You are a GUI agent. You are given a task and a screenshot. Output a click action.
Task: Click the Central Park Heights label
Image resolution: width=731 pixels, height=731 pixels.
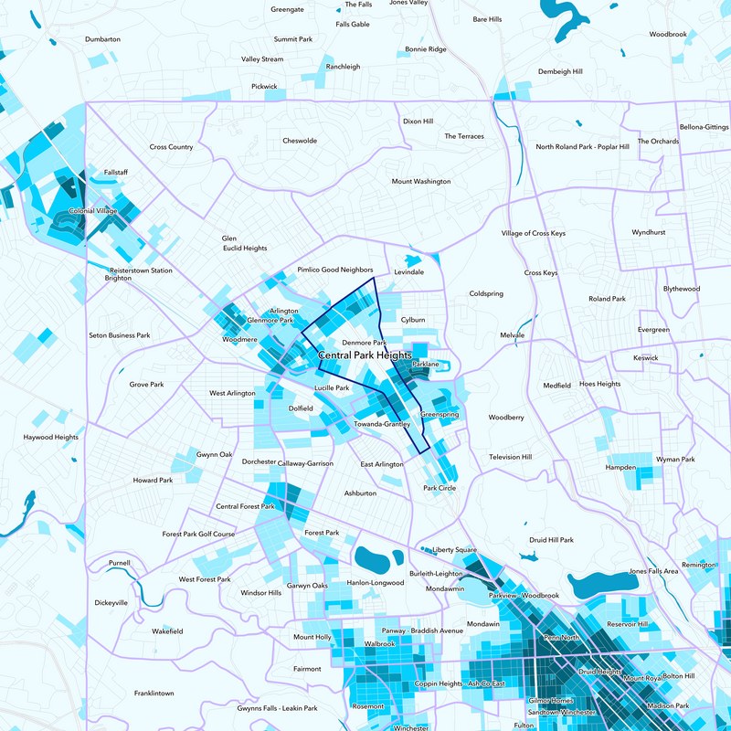coord(365,355)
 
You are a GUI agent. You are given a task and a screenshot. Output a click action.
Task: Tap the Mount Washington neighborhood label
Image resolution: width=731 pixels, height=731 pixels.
coord(421,181)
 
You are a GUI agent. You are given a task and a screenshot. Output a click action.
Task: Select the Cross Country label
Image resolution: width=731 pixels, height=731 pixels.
coord(171,147)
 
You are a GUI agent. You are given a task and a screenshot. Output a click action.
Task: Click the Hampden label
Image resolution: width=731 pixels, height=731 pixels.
coord(620,467)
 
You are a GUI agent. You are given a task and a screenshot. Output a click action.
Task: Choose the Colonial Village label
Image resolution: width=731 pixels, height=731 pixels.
coord(94,211)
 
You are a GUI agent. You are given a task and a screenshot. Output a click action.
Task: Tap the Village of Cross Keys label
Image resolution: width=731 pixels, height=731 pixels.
coord(533,233)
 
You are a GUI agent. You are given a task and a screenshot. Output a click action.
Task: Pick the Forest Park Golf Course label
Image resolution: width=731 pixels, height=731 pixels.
coord(198,534)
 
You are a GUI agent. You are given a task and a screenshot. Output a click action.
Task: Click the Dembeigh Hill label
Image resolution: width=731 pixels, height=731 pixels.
coord(560,71)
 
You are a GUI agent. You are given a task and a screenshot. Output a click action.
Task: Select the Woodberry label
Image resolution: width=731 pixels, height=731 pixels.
coord(505,418)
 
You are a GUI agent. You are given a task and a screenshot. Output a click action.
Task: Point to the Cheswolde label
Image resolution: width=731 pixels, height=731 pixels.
coord(300,141)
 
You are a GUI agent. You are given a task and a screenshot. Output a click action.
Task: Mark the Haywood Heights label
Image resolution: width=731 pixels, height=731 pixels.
coord(51,438)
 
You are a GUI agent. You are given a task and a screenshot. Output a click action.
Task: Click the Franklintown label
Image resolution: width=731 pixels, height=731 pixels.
coord(154,694)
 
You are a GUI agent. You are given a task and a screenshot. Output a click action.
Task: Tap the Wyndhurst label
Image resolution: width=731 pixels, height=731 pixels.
coord(648,233)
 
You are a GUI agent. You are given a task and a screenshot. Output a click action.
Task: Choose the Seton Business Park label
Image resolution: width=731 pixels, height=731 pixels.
coord(119,335)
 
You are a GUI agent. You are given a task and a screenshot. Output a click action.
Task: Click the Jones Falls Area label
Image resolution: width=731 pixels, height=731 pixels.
coord(653,571)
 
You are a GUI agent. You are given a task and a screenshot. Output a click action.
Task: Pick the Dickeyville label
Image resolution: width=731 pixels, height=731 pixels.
coord(111,602)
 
